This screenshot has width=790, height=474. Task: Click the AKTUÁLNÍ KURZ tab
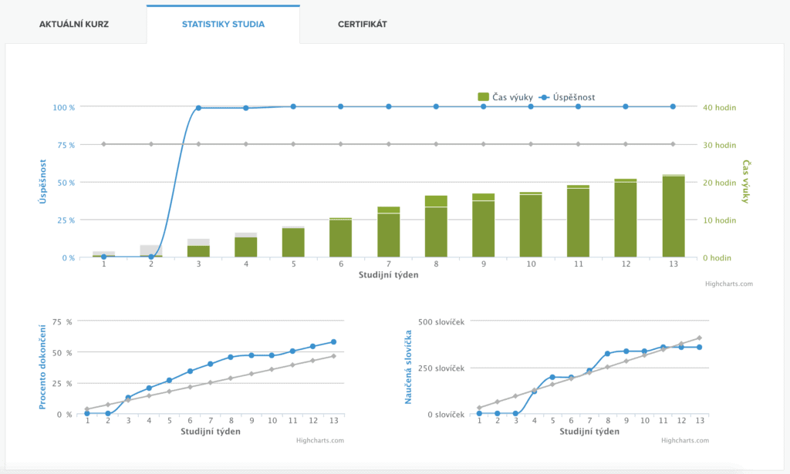(x=73, y=24)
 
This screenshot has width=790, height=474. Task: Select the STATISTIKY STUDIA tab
(x=223, y=24)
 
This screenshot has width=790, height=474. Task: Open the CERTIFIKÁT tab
(x=362, y=24)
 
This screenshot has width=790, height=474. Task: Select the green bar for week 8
(x=436, y=231)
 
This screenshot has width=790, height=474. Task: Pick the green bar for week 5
(x=293, y=244)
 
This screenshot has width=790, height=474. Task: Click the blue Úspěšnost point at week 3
(x=198, y=108)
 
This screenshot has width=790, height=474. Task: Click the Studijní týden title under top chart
(x=388, y=274)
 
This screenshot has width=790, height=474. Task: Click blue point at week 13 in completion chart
(x=333, y=341)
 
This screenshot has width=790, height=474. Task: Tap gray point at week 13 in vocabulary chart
(x=699, y=338)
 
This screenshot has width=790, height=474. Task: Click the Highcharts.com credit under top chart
(x=728, y=284)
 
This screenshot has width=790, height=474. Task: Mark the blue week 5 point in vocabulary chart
(x=552, y=377)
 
